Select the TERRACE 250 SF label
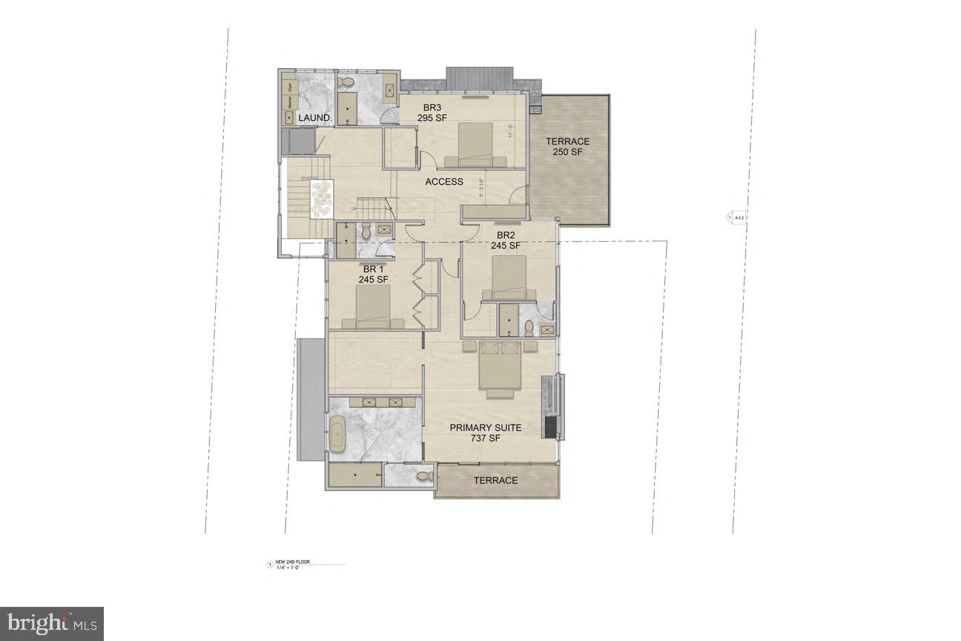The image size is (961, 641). [567, 147]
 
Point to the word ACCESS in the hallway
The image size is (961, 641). [443, 182]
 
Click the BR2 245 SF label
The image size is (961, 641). [508, 240]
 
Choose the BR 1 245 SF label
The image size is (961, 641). [373, 275]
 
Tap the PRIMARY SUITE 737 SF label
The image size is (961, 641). [486, 433]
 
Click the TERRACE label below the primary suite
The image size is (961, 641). [495, 481]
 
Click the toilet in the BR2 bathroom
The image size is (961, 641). [529, 326]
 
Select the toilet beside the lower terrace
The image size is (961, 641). [423, 476]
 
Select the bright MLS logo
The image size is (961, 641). [51, 624]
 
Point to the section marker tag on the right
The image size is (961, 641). [737, 217]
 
